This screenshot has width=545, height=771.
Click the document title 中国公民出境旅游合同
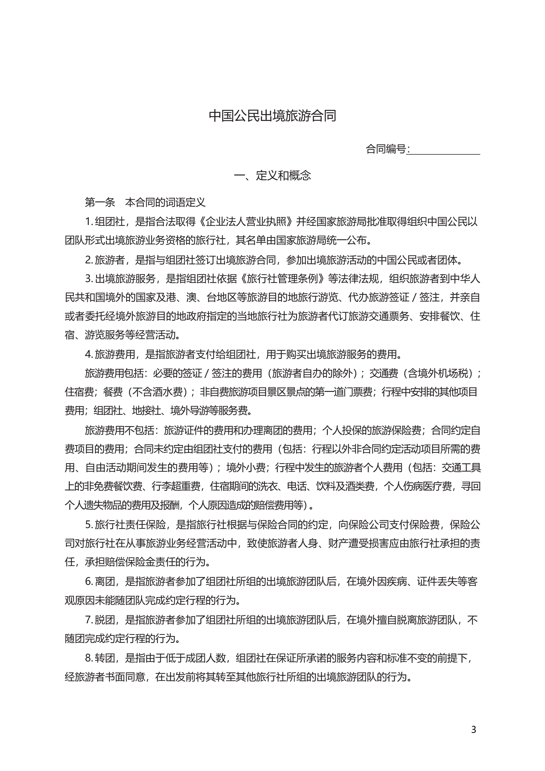tap(272, 116)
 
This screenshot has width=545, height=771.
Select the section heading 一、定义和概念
tap(272, 176)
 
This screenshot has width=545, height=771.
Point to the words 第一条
tap(100, 202)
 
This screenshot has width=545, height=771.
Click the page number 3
tap(474, 729)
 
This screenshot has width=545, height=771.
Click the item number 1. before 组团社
tap(89, 222)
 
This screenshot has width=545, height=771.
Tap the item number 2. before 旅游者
tap(89, 259)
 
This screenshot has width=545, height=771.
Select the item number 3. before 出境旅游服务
tap(89, 279)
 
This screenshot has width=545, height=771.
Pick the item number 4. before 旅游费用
tap(89, 354)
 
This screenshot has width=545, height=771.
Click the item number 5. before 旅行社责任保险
tap(89, 524)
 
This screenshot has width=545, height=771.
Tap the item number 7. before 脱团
tap(89, 620)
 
